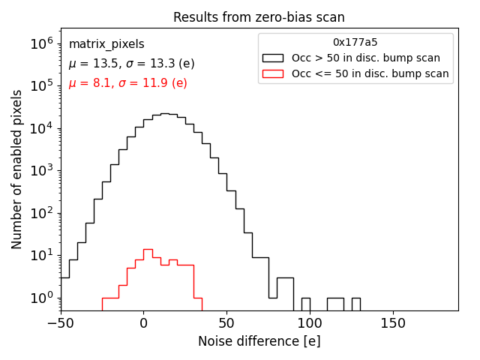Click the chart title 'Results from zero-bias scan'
tap(259, 17)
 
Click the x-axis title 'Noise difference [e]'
tap(259, 341)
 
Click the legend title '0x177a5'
tap(355, 43)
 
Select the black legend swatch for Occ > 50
tap(273, 58)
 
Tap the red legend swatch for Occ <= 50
tap(273, 73)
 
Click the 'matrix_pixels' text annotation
tap(106, 44)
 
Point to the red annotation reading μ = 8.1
tap(127, 83)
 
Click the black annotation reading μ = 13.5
tap(131, 64)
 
